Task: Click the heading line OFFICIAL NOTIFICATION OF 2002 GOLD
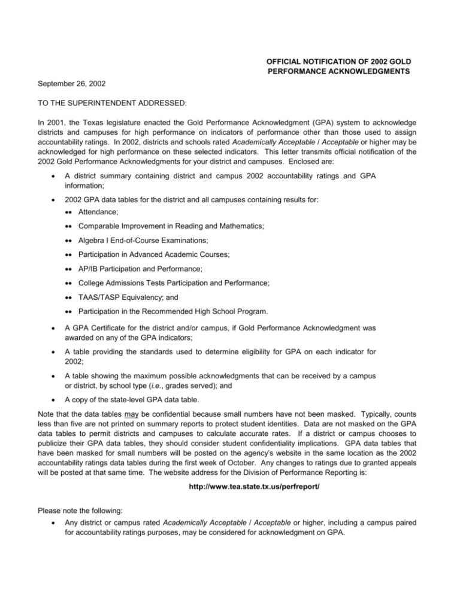(342, 62)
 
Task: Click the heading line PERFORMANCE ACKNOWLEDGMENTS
(342, 72)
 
